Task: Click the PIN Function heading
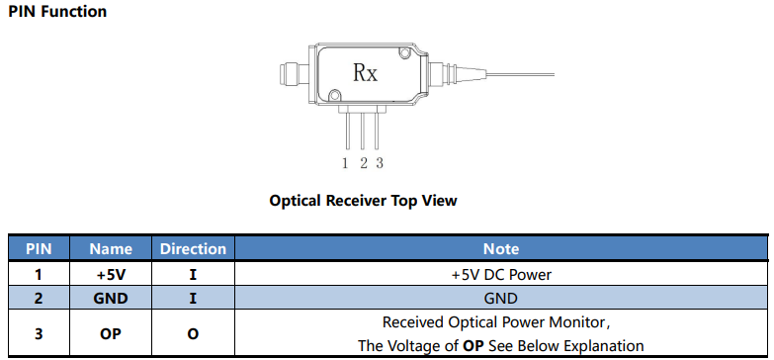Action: coord(57,11)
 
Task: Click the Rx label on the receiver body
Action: coord(366,73)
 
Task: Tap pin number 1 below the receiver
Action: coord(346,163)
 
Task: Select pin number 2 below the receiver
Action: coord(364,163)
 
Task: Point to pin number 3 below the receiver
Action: coord(380,163)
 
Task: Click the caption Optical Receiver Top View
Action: coord(364,201)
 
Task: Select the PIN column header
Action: coord(39,248)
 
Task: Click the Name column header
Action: coord(111,248)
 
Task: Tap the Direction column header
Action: coord(193,248)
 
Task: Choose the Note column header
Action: coord(501,248)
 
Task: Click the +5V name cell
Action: coord(111,274)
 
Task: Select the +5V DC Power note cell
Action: coord(501,274)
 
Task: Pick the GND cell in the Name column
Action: coord(111,299)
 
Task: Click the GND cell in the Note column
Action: coord(501,299)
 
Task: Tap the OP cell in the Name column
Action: coord(111,334)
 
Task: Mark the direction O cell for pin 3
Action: coord(193,334)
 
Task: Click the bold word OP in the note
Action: coord(473,345)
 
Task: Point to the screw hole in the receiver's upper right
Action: coord(405,51)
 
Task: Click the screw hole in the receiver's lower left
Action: coord(335,94)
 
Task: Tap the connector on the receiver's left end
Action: coord(294,74)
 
